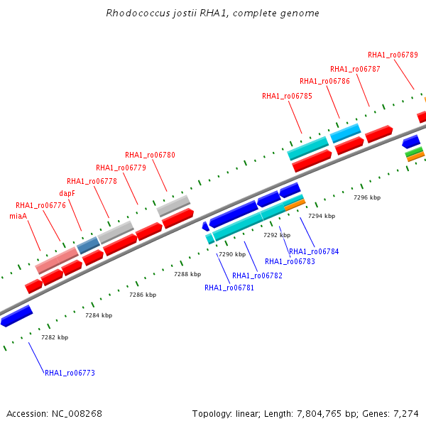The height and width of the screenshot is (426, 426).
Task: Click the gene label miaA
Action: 18,216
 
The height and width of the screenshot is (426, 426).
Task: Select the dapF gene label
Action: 67,193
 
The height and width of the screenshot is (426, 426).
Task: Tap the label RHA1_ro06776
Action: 40,205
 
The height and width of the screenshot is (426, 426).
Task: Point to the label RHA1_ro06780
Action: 150,155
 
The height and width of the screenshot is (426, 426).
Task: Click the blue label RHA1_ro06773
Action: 70,373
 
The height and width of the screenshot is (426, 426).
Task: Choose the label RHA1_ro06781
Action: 229,288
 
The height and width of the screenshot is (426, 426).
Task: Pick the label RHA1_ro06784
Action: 314,251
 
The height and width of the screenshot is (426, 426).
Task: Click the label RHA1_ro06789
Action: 393,55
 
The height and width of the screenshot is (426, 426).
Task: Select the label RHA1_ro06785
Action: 287,96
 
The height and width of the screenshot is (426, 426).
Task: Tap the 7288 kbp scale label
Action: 187,274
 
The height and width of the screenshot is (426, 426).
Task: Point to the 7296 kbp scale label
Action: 367,197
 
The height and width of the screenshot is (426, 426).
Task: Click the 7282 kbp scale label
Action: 55,337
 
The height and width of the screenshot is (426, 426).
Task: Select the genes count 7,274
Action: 406,414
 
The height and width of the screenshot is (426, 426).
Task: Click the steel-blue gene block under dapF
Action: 88,245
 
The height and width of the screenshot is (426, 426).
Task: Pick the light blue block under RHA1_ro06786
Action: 345,133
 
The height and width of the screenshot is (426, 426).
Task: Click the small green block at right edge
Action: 414,152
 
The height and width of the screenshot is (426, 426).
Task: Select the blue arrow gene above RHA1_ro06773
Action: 16,316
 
